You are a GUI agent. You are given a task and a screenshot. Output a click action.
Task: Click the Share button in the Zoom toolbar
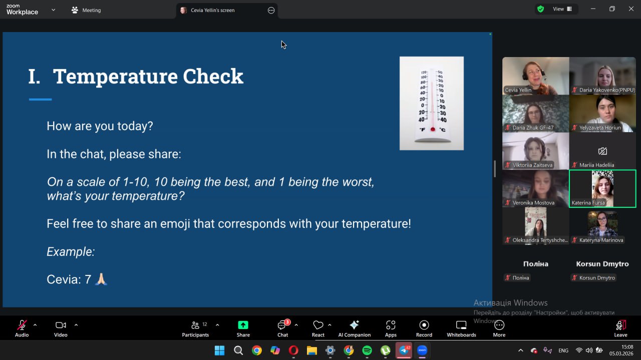243,328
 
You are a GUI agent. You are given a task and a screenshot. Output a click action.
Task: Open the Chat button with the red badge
283,328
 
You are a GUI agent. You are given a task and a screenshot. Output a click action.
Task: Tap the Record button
424,328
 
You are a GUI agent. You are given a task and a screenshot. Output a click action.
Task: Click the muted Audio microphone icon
22,325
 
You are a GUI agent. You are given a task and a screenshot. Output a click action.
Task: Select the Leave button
620,328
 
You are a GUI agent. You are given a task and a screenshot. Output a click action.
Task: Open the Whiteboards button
461,328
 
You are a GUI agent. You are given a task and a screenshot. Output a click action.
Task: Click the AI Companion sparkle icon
354,325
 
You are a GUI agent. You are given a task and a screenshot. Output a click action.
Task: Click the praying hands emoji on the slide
101,279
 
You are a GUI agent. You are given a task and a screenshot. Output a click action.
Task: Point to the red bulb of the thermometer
433,129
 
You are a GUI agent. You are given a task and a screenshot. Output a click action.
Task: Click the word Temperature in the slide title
115,77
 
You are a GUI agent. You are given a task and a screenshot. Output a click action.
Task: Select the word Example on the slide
70,251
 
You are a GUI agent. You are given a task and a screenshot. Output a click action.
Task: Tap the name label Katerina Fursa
588,203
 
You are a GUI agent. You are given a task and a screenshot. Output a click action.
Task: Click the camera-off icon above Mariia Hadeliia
602,151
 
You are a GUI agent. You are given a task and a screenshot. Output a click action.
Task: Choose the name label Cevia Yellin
518,90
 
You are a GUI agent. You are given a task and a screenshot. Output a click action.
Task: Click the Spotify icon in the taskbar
367,350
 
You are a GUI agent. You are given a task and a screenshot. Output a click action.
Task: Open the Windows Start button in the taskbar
219,350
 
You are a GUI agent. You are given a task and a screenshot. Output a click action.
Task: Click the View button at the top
562,9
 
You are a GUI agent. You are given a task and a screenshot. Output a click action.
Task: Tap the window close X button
631,9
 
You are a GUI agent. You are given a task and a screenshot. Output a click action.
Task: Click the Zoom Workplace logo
22,10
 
